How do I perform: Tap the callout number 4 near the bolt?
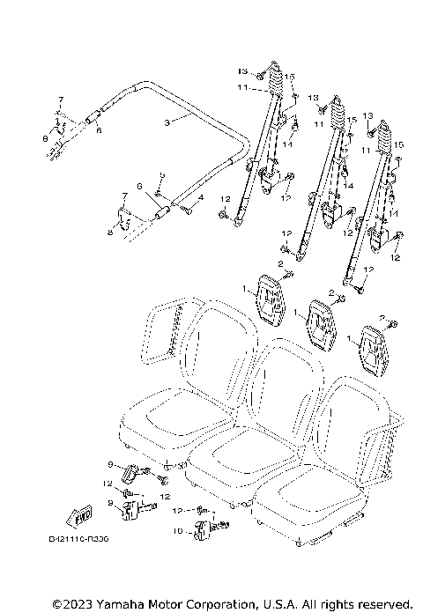[x=200, y=198]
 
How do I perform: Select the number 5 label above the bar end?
[x=161, y=176]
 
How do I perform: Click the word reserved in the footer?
[x=382, y=604]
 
